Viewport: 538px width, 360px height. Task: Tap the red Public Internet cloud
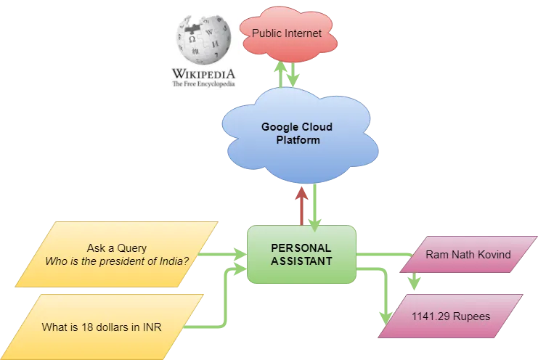pyautogui.click(x=285, y=34)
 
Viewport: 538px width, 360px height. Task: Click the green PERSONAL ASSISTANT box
pyautogui.click(x=301, y=254)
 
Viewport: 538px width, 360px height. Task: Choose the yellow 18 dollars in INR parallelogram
pyautogui.click(x=102, y=327)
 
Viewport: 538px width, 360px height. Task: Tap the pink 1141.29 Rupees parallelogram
pyautogui.click(x=450, y=316)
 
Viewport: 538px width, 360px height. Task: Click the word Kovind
pyautogui.click(x=493, y=255)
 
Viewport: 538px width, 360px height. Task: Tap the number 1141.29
pyautogui.click(x=429, y=316)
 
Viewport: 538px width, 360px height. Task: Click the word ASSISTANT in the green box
pyautogui.click(x=301, y=261)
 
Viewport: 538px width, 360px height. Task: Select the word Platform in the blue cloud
pyautogui.click(x=298, y=140)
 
